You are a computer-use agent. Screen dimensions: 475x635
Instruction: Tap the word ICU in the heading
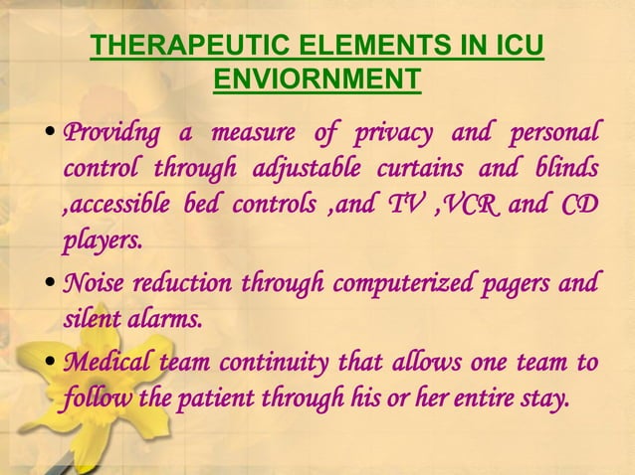[x=518, y=46]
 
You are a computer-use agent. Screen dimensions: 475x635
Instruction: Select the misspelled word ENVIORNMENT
[x=317, y=78]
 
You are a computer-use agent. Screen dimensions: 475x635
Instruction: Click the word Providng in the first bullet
[x=109, y=133]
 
